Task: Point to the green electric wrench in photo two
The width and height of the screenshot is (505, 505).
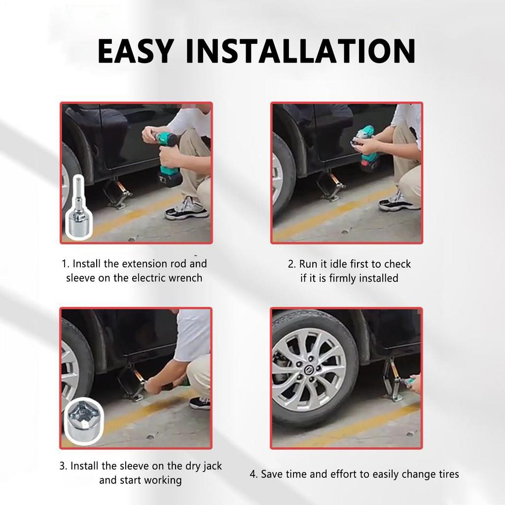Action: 367,148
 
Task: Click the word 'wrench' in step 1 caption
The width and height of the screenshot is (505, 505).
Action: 185,278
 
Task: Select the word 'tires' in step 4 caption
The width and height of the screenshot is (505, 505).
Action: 446,474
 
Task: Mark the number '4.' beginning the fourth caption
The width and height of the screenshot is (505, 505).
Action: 253,474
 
